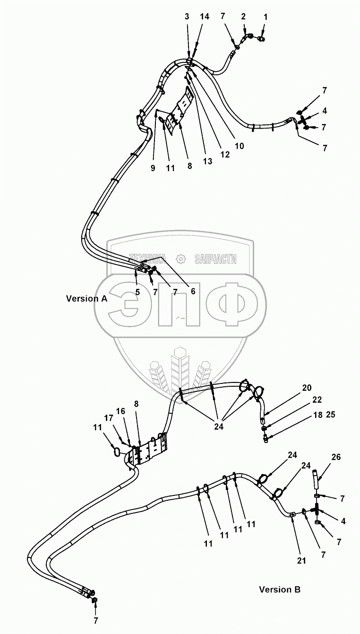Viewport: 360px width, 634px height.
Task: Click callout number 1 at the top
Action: pyautogui.click(x=265, y=17)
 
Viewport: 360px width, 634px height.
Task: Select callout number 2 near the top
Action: pyautogui.click(x=243, y=17)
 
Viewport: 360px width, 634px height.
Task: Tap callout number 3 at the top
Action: pyautogui.click(x=187, y=17)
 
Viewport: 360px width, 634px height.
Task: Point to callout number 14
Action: pyautogui.click(x=204, y=17)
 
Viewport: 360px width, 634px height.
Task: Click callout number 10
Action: pyautogui.click(x=239, y=146)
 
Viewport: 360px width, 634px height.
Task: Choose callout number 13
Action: pyautogui.click(x=207, y=162)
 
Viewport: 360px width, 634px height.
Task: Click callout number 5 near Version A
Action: pyautogui.click(x=137, y=292)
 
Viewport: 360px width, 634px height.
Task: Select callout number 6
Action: pyautogui.click(x=193, y=291)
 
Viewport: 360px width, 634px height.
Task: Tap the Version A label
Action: pyautogui.click(x=86, y=298)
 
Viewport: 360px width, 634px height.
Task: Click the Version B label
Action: pyautogui.click(x=280, y=590)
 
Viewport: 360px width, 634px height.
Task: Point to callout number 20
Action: pyautogui.click(x=307, y=388)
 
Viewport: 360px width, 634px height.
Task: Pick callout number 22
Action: pyautogui.click(x=317, y=400)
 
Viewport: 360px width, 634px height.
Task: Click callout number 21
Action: pyautogui.click(x=301, y=561)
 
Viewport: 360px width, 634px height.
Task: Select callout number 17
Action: pyautogui.click(x=109, y=418)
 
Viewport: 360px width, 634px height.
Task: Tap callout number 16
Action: pyautogui.click(x=121, y=412)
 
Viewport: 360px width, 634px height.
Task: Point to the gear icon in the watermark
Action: pyautogui.click(x=180, y=258)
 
